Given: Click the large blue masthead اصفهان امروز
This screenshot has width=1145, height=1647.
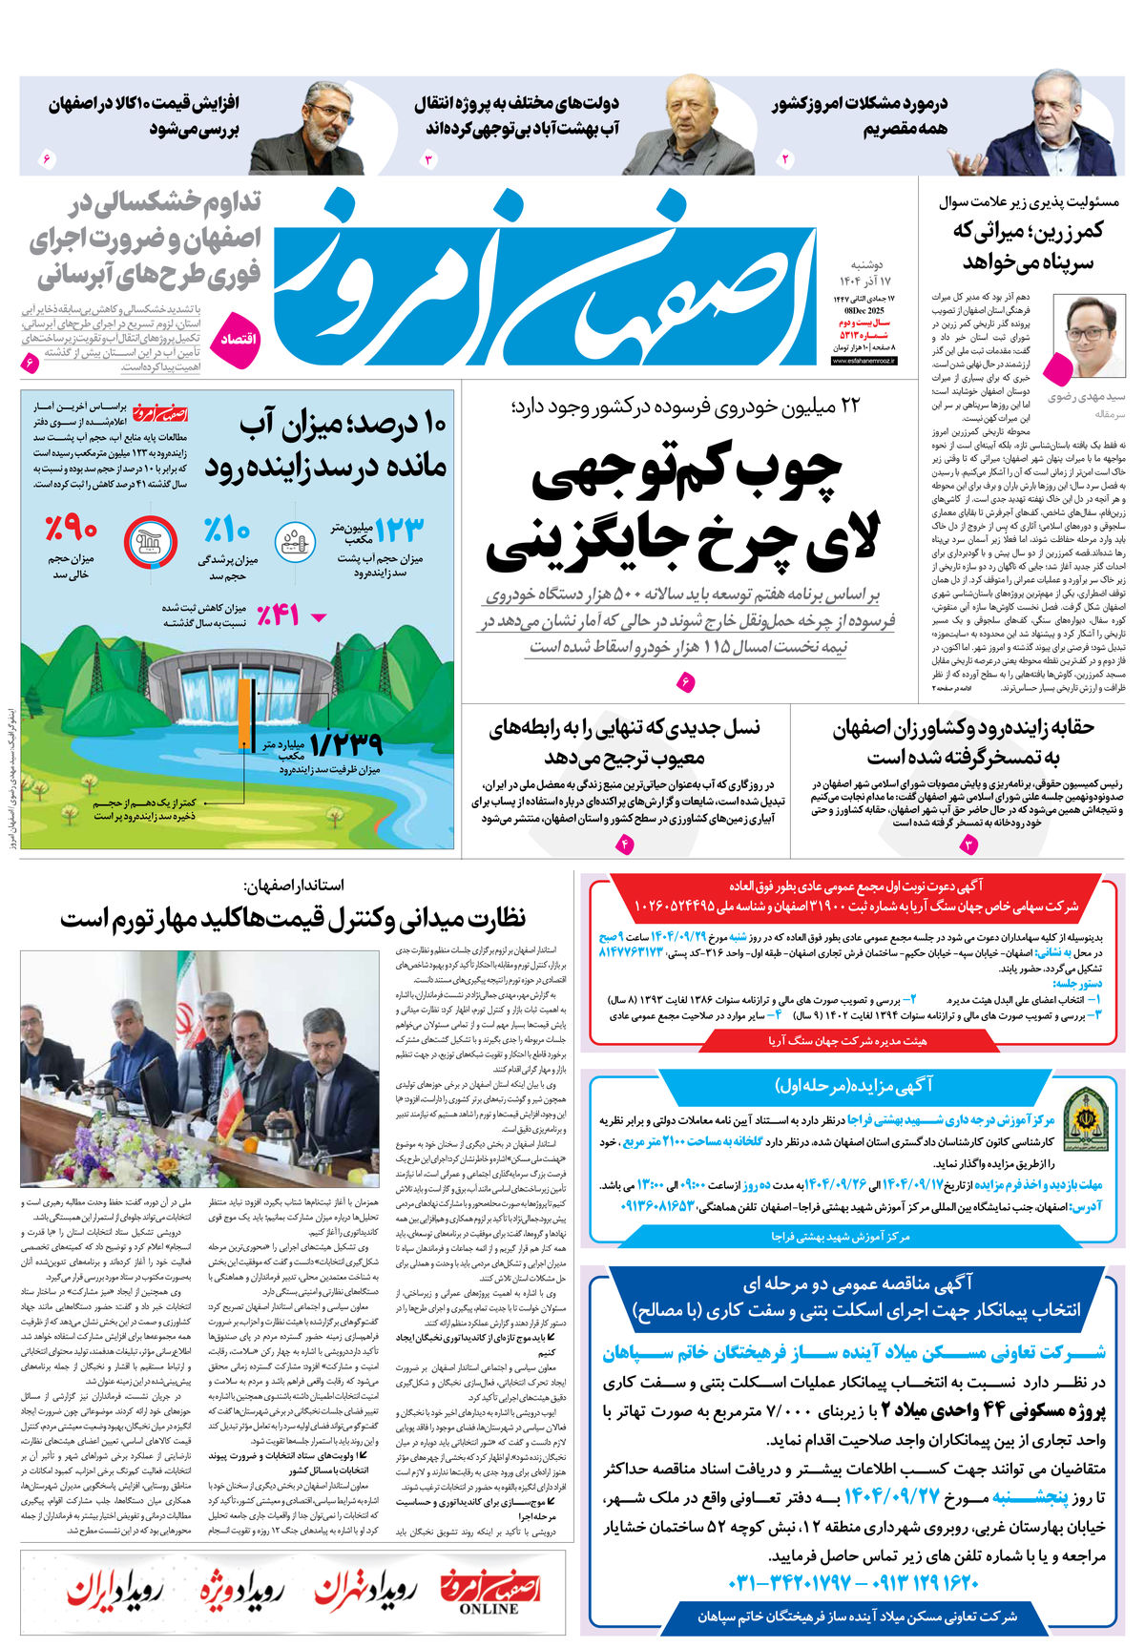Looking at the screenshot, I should click(544, 277).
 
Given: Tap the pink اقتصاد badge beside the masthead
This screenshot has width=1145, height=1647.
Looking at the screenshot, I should click(235, 340).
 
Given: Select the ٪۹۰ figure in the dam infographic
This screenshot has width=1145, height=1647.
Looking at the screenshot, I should click(71, 528).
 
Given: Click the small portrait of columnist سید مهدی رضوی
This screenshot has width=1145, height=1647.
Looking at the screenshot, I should click(1089, 336).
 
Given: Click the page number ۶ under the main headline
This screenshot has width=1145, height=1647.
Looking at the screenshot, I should click(685, 682).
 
